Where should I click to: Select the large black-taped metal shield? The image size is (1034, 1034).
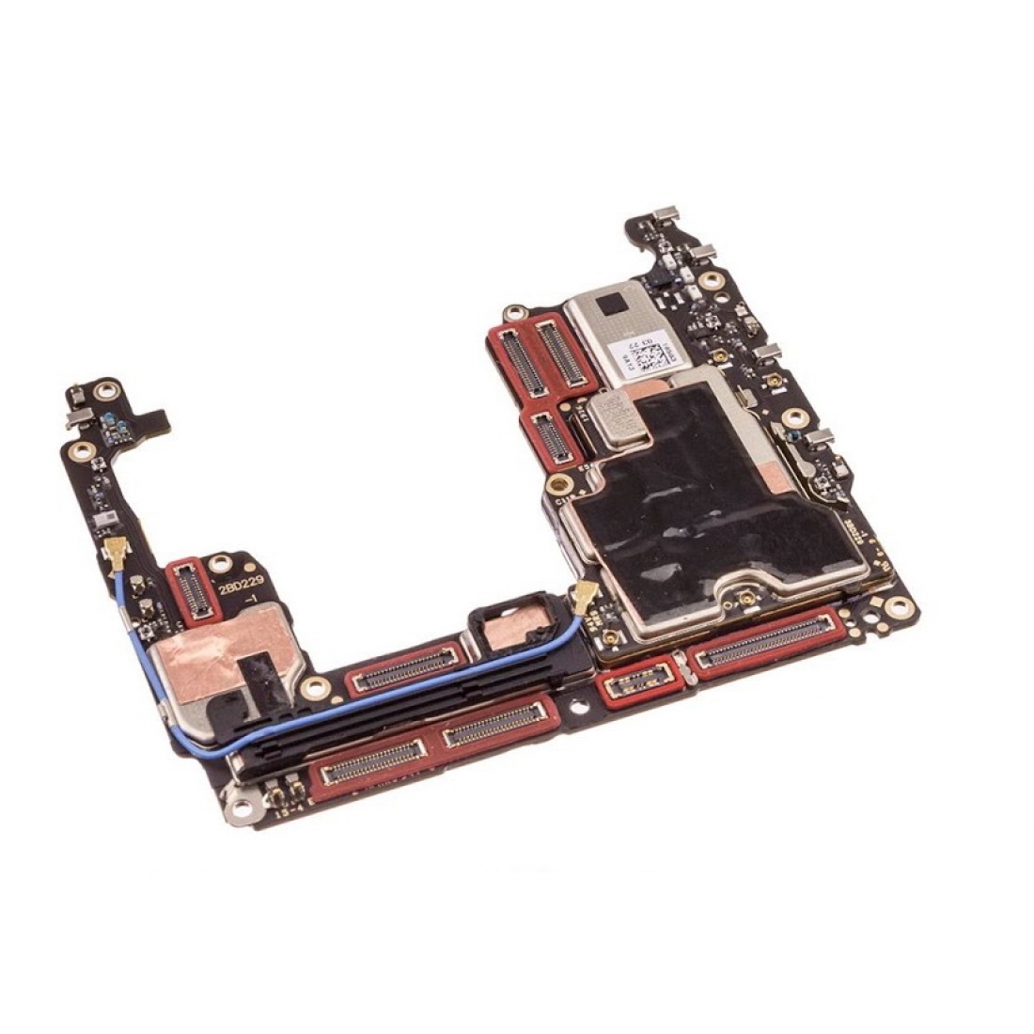click(714, 508)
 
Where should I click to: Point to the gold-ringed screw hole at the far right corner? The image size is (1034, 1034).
click(901, 607)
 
